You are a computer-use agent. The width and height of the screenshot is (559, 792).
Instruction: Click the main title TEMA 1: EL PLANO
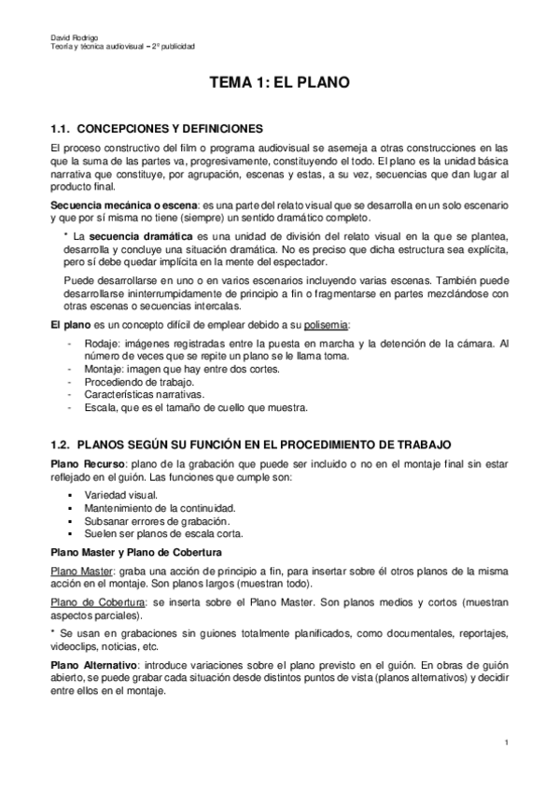point(279,83)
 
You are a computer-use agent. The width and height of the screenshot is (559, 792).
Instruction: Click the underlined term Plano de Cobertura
point(91,603)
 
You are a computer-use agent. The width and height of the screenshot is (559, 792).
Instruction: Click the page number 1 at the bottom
point(505,742)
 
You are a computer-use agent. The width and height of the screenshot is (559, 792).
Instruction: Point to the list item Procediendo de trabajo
point(139,382)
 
